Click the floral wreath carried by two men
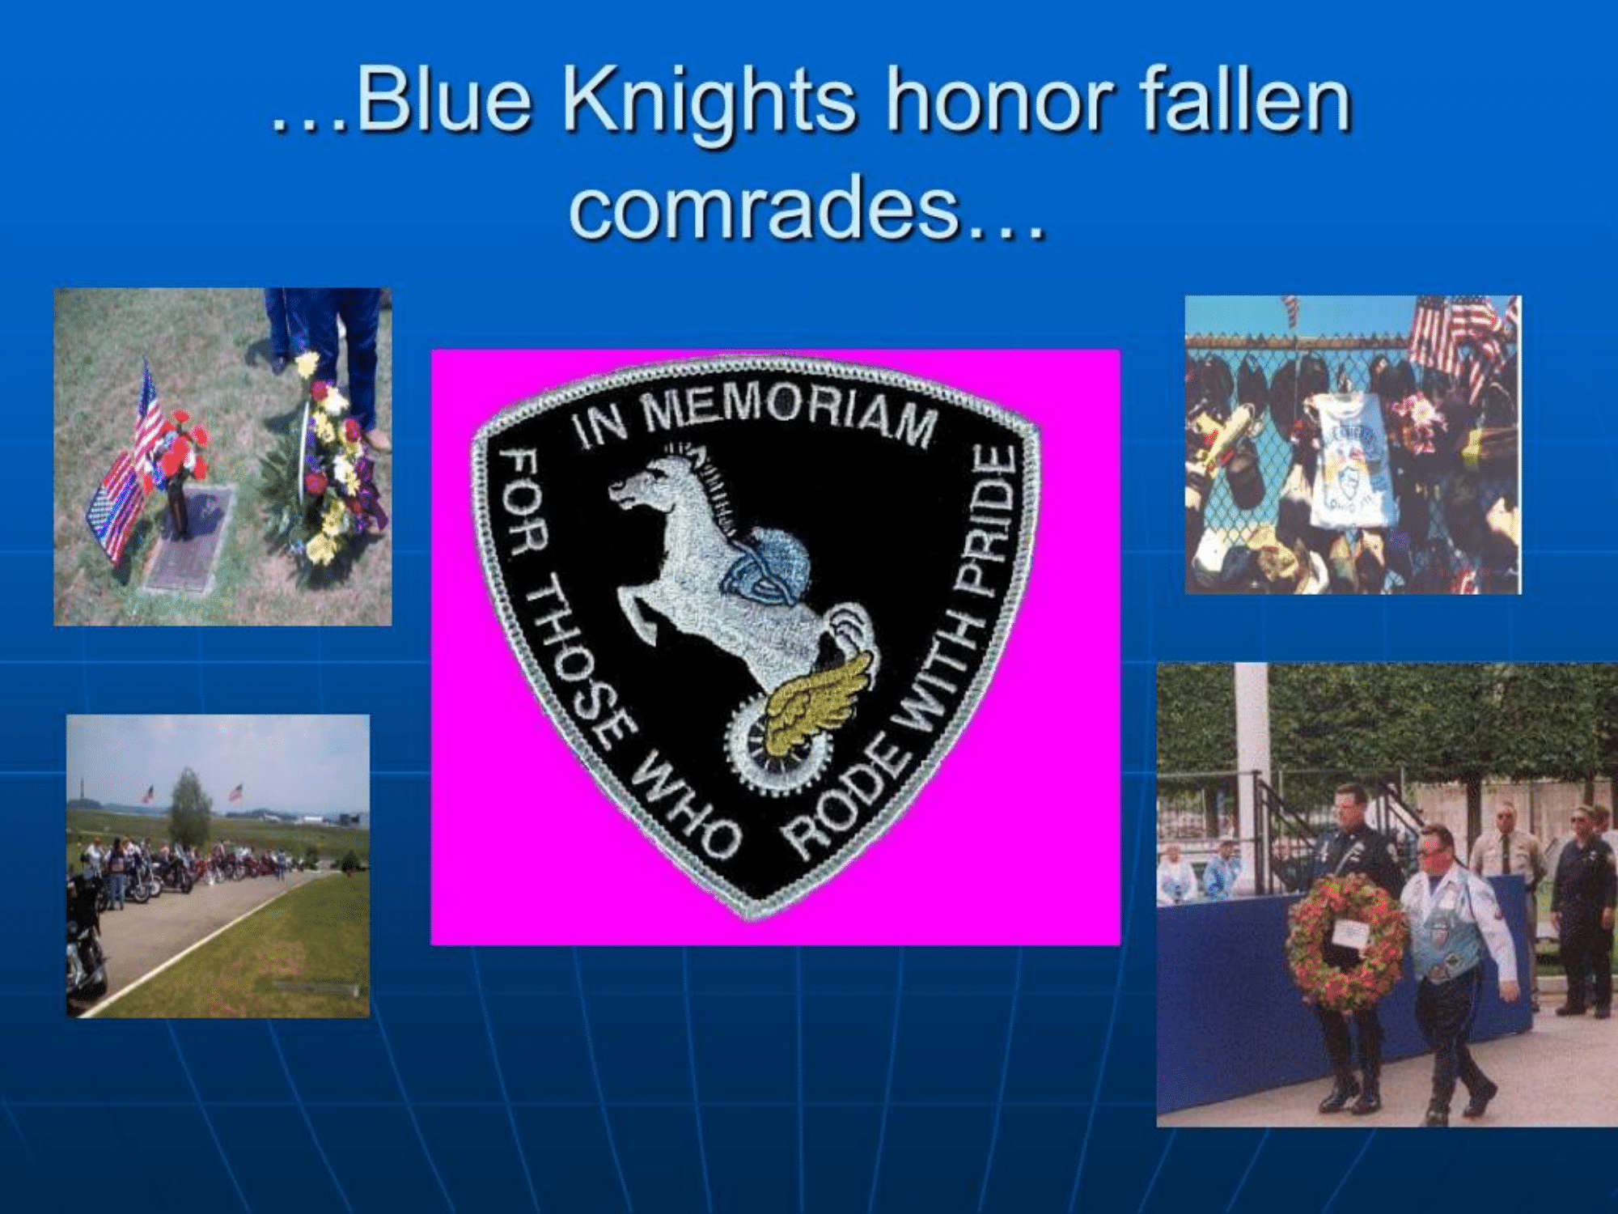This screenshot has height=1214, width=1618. click(x=1347, y=943)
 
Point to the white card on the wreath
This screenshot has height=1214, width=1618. click(x=1349, y=934)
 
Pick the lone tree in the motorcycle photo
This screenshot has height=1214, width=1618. click(x=190, y=809)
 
